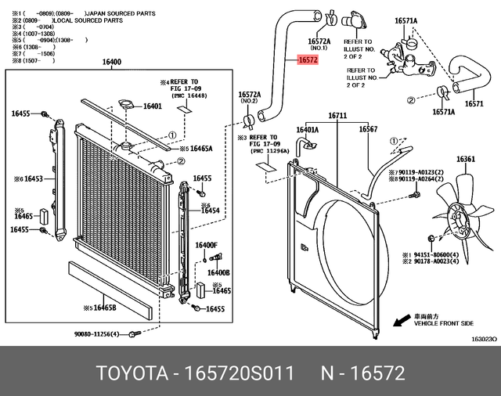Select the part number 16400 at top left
pyautogui.click(x=112, y=63)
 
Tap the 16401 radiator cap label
pyautogui.click(x=152, y=106)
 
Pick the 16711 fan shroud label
pyautogui.click(x=337, y=116)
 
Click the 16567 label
pyautogui.click(x=369, y=130)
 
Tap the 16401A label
pyautogui.click(x=306, y=130)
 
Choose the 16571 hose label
pyautogui.click(x=474, y=103)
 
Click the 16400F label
pyautogui.click(x=207, y=245)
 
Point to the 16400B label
pyautogui.click(x=218, y=272)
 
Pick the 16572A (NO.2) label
pyautogui.click(x=249, y=97)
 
